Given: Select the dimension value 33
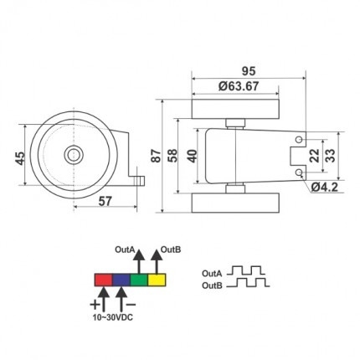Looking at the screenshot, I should click(x=332, y=156).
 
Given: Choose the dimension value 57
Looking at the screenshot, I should click(x=104, y=202).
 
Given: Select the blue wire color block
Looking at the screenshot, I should click(x=121, y=279).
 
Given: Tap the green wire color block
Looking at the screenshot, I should click(x=139, y=279).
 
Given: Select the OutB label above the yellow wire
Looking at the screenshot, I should click(x=172, y=249).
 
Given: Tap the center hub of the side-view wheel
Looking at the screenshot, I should click(x=73, y=156).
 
